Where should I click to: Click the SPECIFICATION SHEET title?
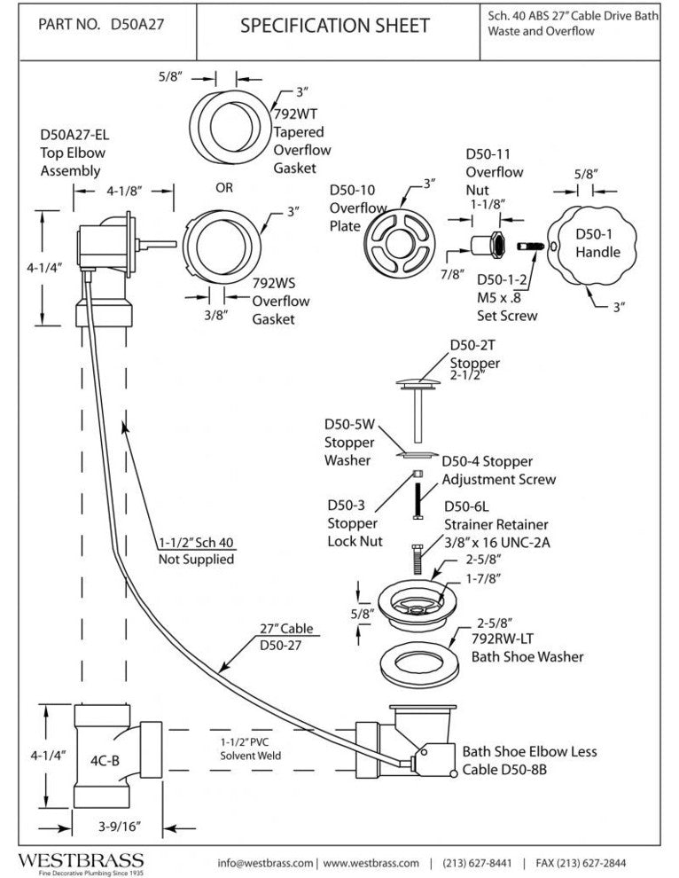[334, 26]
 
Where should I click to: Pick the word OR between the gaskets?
[224, 188]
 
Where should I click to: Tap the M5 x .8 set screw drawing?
[531, 245]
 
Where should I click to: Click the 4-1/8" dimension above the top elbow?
[124, 189]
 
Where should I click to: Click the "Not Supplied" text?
[196, 559]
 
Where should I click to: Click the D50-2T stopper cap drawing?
[417, 382]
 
